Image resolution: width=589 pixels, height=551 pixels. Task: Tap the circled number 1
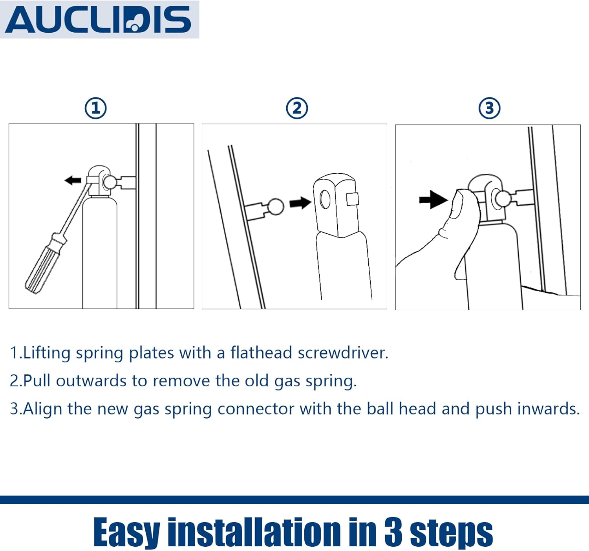point(96,108)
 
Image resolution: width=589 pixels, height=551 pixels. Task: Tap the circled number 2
point(297,108)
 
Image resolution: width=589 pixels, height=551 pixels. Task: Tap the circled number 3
point(490,108)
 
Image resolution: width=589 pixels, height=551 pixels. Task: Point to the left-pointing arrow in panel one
point(73,180)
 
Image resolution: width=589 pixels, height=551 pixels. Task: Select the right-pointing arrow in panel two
point(300,203)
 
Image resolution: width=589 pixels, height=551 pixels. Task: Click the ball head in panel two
point(276,206)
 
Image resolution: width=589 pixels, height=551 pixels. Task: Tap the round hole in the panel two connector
point(325,199)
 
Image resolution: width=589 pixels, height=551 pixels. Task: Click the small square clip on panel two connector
point(352,199)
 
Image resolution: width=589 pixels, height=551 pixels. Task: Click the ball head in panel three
point(502,198)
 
